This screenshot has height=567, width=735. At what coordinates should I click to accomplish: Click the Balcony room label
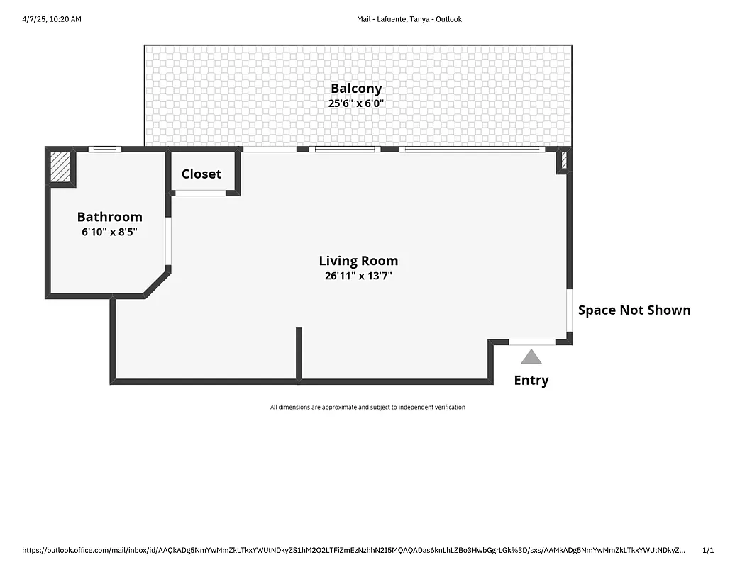tap(356, 89)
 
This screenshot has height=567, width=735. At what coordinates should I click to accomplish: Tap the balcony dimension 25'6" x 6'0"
tap(356, 103)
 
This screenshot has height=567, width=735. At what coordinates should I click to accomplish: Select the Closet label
tap(201, 174)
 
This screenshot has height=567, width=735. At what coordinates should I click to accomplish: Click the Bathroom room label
tap(109, 217)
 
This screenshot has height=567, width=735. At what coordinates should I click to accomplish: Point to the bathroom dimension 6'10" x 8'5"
tap(109, 231)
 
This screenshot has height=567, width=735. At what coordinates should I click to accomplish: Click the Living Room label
tap(358, 261)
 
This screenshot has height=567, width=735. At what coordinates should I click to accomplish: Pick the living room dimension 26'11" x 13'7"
tap(358, 276)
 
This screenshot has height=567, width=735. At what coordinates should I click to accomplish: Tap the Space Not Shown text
tap(634, 310)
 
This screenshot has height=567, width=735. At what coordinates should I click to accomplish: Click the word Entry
tap(531, 381)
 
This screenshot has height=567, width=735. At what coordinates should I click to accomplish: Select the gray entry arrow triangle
tap(531, 357)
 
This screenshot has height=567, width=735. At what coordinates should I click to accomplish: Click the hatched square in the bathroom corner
tap(60, 168)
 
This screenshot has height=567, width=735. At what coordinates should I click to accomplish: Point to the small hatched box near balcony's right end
tap(565, 160)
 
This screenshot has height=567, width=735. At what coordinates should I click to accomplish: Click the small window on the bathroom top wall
tap(105, 149)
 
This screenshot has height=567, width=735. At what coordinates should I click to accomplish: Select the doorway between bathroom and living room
tap(168, 241)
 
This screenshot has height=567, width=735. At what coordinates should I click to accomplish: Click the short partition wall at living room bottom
tap(299, 352)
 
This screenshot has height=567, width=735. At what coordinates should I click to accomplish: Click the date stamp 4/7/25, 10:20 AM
tap(52, 19)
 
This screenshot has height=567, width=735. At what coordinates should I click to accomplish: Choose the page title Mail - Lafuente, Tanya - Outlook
tap(409, 19)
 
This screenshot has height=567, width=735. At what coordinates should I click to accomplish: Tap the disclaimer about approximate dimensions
tap(367, 407)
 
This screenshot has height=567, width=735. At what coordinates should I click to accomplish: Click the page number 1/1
tap(707, 550)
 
